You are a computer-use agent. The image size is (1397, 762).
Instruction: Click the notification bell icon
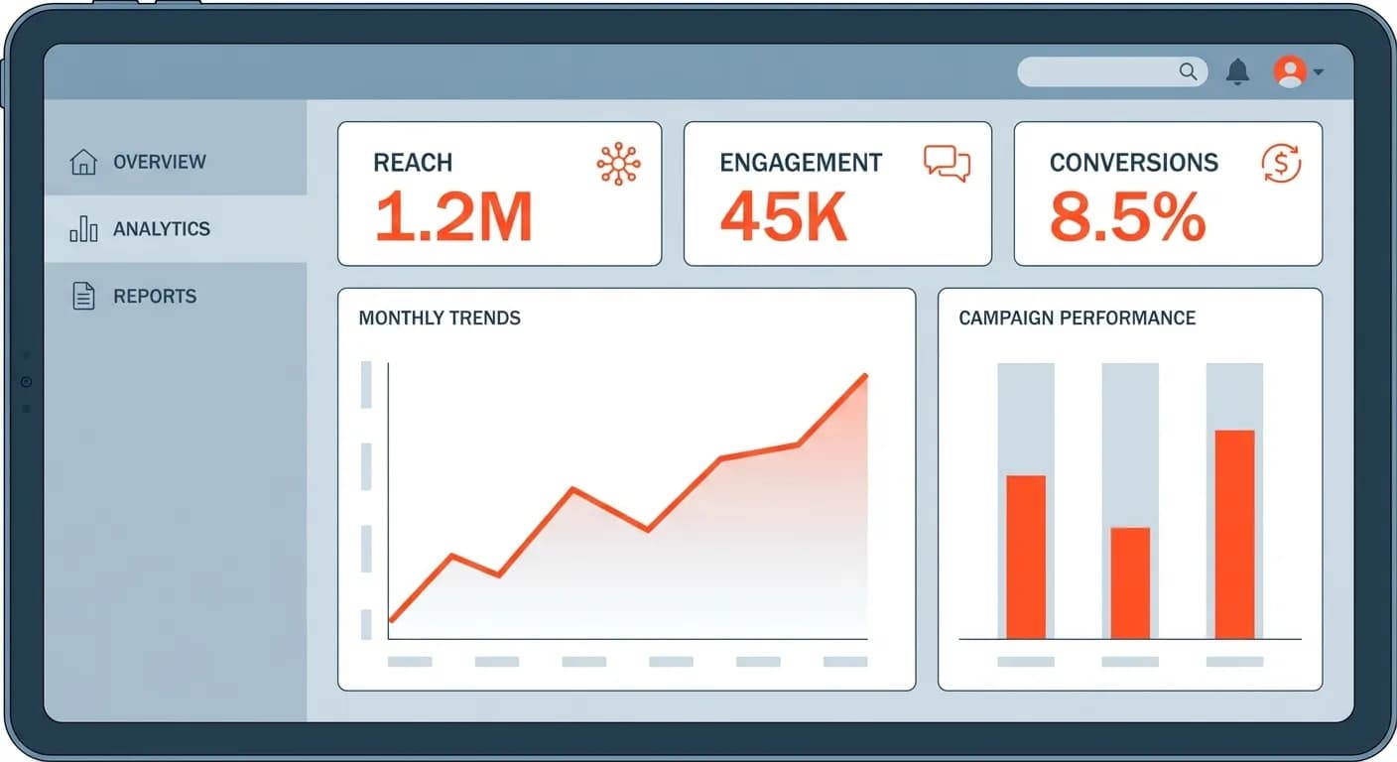click(1237, 71)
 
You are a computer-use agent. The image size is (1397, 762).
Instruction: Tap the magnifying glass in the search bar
click(1188, 71)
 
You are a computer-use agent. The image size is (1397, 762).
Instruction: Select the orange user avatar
click(1290, 71)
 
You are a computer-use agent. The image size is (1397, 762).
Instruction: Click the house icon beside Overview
click(83, 162)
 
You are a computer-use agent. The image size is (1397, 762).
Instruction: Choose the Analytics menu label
click(162, 229)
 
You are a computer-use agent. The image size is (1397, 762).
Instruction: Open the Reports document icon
click(83, 296)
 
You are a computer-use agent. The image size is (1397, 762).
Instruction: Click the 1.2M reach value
click(453, 217)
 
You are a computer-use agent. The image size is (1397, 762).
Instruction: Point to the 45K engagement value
click(784, 217)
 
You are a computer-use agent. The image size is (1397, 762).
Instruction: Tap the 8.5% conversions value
click(1127, 217)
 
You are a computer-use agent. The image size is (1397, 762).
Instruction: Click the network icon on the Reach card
click(618, 164)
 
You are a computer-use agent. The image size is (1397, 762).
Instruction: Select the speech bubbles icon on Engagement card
click(947, 164)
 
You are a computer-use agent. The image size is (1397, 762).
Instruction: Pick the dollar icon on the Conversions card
click(1281, 164)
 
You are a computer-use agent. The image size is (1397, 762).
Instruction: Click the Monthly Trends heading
click(440, 318)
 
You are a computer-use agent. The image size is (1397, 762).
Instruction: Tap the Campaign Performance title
click(1077, 318)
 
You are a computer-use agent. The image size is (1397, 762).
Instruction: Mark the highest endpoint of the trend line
click(866, 375)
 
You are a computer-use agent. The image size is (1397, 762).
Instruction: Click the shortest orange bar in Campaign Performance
click(1130, 582)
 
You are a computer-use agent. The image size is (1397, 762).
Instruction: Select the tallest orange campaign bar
click(1234, 534)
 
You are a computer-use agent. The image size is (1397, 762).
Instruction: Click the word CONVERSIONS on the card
click(1133, 163)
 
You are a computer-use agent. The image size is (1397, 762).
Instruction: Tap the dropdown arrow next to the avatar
click(1318, 72)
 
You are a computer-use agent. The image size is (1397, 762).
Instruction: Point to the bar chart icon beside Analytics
click(83, 229)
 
